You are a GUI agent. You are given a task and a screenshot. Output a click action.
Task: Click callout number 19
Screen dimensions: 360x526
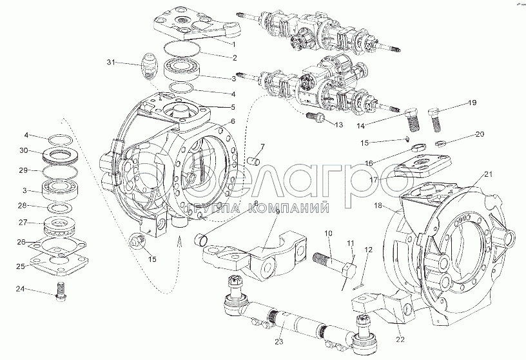pos(472,103)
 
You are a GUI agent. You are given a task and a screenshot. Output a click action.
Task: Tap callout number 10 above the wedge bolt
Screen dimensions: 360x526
pos(328,233)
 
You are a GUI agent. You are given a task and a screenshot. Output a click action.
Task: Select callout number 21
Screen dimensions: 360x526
pos(488,174)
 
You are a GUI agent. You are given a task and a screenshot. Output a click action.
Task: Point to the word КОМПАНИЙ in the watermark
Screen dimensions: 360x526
pos(294,208)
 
